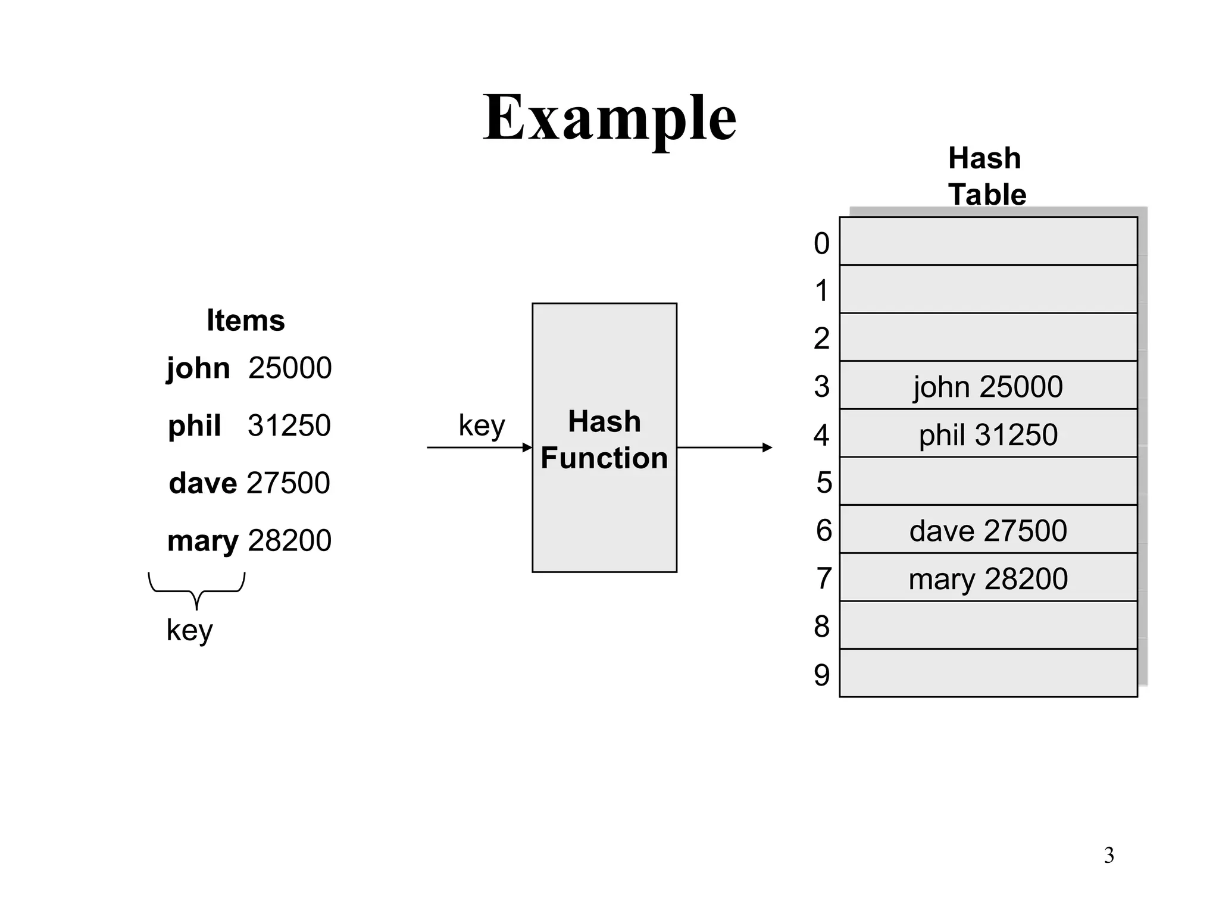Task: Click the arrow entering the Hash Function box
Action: point(479,447)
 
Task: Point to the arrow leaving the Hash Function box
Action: point(724,447)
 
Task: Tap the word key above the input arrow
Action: point(482,426)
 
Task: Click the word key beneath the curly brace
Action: point(189,630)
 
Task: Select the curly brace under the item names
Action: point(196,590)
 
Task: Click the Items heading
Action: point(245,320)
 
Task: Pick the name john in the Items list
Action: point(198,368)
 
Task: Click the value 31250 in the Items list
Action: point(289,425)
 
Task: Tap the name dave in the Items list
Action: point(202,483)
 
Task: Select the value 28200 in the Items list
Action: point(289,540)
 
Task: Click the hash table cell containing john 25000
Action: point(988,386)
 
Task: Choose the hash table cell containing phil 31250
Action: point(988,434)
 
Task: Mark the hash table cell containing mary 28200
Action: point(988,578)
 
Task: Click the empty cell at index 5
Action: point(988,481)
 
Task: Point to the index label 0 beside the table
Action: point(821,243)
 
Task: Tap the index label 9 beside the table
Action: point(821,675)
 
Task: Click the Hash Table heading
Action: point(986,176)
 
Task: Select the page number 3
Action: point(1108,855)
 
